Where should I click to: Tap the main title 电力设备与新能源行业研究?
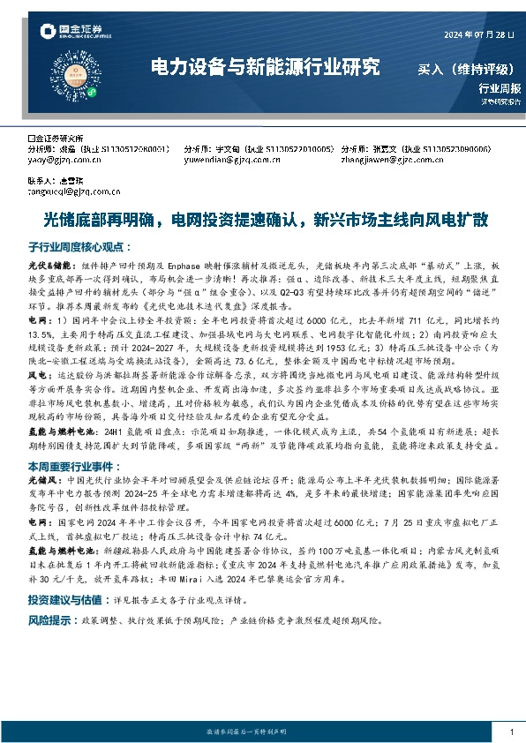coord(265,68)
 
